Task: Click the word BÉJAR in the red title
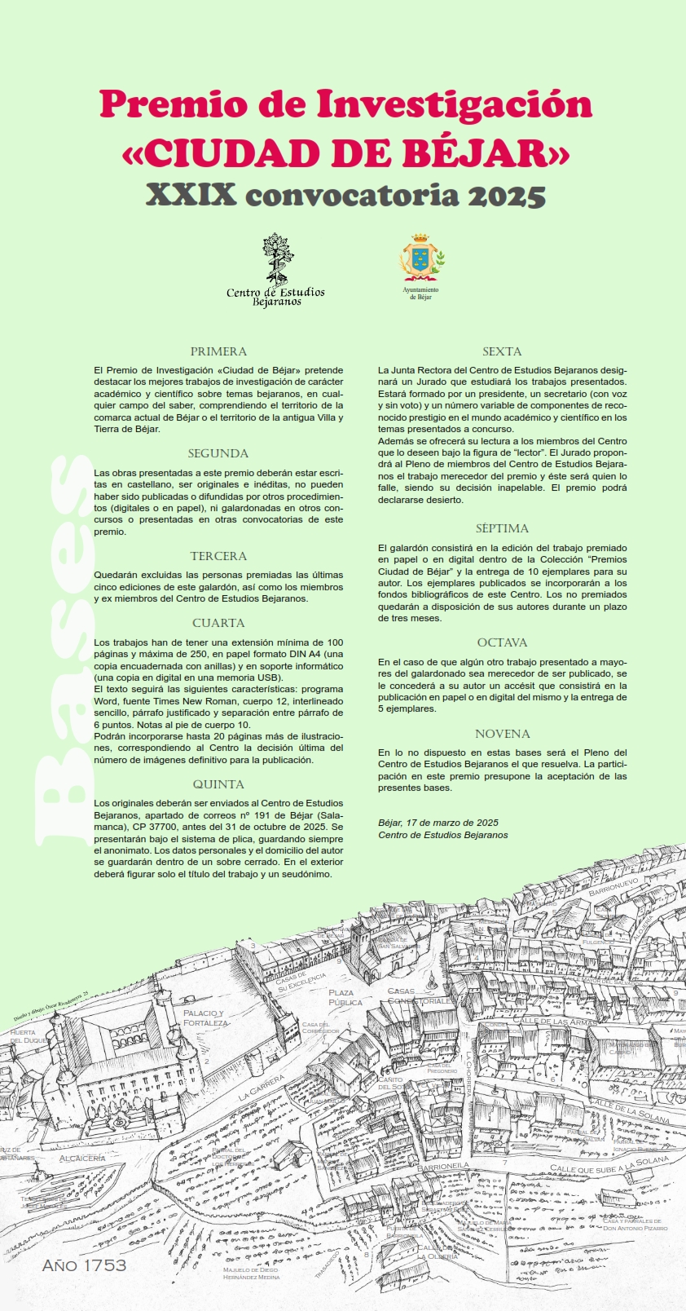pyautogui.click(x=481, y=152)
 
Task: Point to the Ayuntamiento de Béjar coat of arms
pyautogui.click(x=420, y=258)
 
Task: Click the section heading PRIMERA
pyautogui.click(x=218, y=351)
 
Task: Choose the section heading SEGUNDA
pyautogui.click(x=218, y=453)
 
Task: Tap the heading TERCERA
pyautogui.click(x=218, y=556)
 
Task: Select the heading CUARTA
pyautogui.click(x=218, y=623)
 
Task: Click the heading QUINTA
pyautogui.click(x=218, y=784)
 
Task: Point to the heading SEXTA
pyautogui.click(x=502, y=351)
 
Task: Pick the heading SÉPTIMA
pyautogui.click(x=502, y=528)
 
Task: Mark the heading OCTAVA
pyautogui.click(x=502, y=642)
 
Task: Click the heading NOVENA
pyautogui.click(x=502, y=734)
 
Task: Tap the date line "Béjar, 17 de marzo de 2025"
pyautogui.click(x=438, y=823)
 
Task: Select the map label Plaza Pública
pyautogui.click(x=345, y=997)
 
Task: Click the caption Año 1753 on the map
pyautogui.click(x=85, y=1265)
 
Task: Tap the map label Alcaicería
pyautogui.click(x=82, y=1158)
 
